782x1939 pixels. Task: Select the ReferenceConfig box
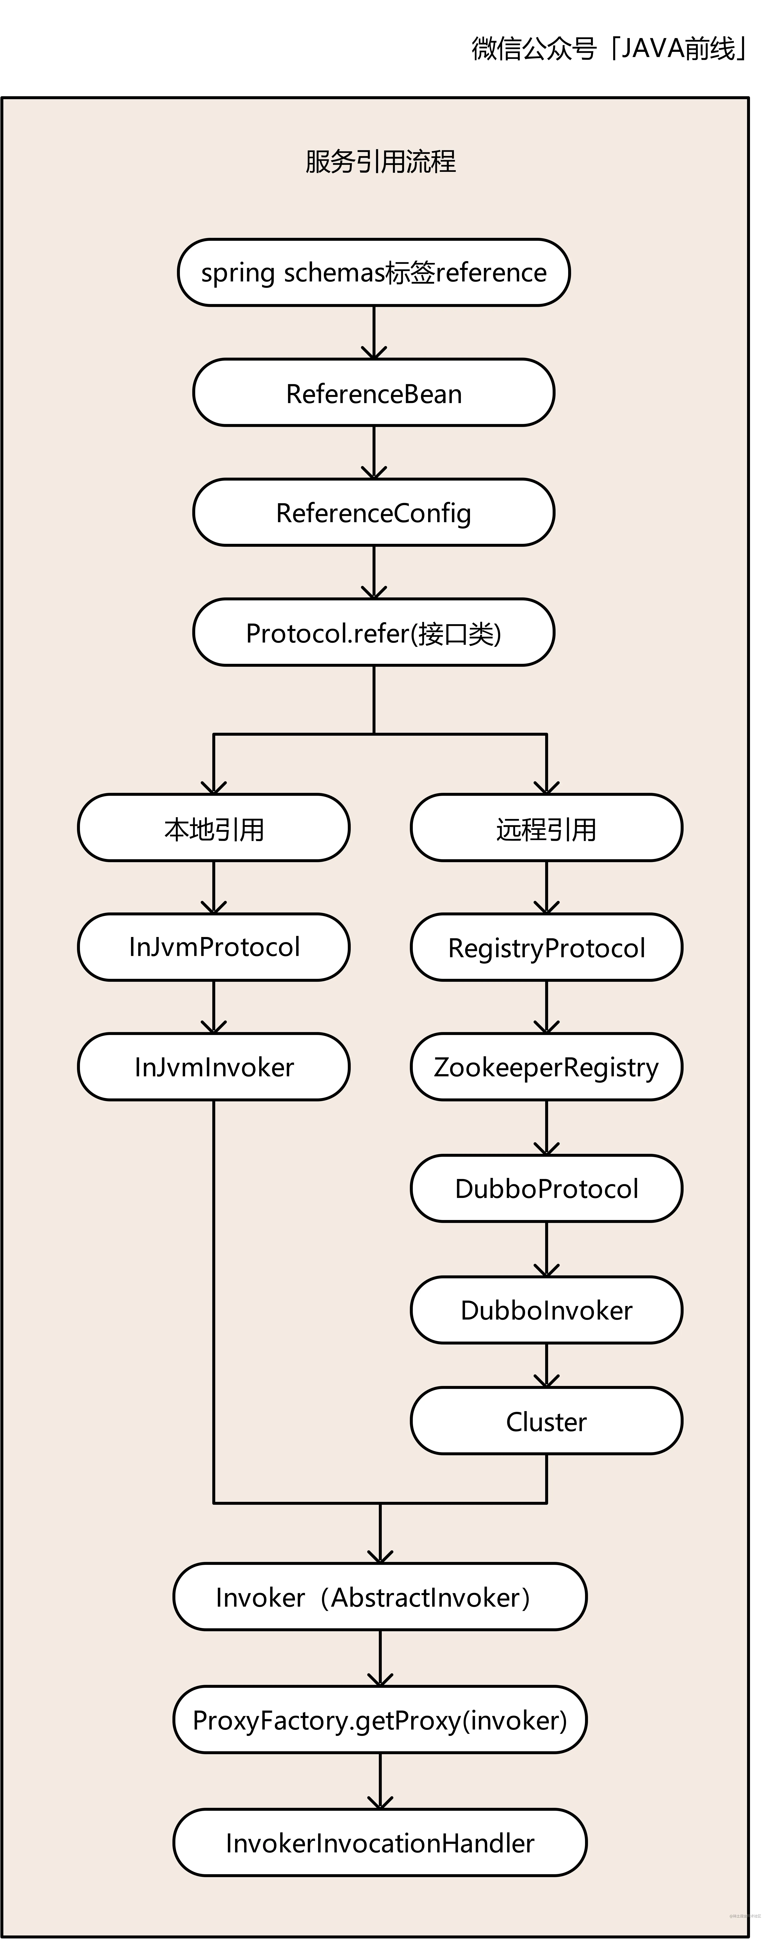pos(373,513)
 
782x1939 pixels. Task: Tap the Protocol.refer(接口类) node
pos(373,632)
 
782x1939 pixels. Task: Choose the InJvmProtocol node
pos(214,947)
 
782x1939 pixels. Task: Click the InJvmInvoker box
pos(214,1067)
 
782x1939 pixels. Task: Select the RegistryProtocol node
pos(546,947)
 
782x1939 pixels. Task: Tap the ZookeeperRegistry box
pos(546,1067)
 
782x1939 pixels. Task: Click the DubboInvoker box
pos(546,1310)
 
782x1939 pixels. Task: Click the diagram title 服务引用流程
pos(380,161)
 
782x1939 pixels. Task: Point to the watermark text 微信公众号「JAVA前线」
pos(610,48)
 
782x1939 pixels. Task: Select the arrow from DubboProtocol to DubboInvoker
pos(546,1249)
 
